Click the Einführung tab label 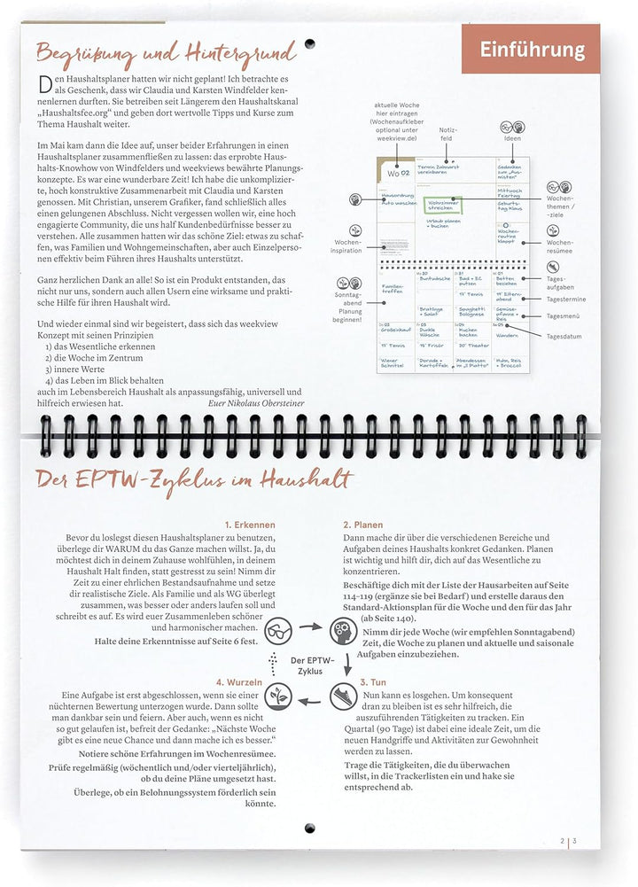tap(533, 50)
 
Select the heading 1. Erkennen tap(250, 525)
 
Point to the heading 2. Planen tap(362, 525)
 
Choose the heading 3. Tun tap(373, 682)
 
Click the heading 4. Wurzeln tap(239, 682)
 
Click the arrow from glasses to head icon tap(311, 626)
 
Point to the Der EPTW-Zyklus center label tap(310, 665)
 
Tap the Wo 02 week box tap(398, 173)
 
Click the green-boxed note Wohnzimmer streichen tap(443, 206)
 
